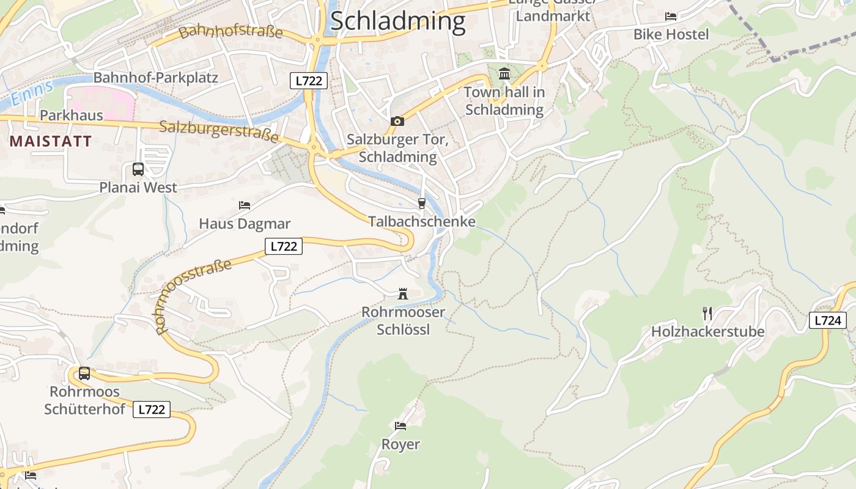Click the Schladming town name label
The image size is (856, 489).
(x=397, y=21)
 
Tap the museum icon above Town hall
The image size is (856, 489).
(x=504, y=74)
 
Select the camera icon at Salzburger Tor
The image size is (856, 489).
(x=397, y=121)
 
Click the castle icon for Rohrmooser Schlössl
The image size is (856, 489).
(x=403, y=294)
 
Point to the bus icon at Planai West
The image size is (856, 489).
(x=138, y=169)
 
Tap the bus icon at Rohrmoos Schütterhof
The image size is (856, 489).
(x=84, y=373)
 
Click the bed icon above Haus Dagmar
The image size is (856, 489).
(x=244, y=205)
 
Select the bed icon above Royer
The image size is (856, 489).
(x=400, y=425)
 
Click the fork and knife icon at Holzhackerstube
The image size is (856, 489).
(x=707, y=314)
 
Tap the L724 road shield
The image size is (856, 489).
(x=828, y=320)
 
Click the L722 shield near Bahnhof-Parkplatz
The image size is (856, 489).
(x=309, y=80)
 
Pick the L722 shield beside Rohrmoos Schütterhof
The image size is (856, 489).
(x=151, y=410)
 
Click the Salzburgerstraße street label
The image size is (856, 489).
(x=218, y=131)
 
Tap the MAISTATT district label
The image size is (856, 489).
(x=51, y=141)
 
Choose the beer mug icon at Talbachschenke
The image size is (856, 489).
(x=421, y=204)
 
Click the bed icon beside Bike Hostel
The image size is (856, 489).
(x=671, y=16)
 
